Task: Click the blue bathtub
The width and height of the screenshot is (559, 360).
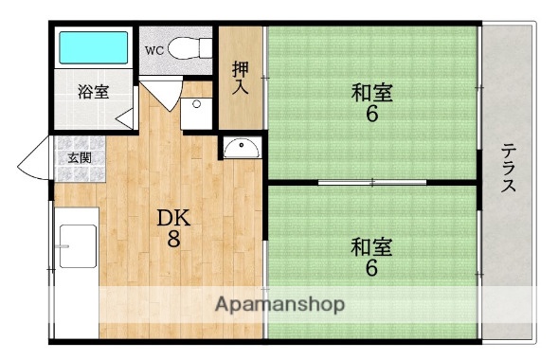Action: click(94, 47)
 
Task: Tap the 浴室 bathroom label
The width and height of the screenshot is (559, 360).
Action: click(93, 92)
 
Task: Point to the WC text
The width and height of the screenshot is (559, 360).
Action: click(155, 49)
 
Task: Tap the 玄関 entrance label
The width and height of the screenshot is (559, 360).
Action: click(79, 157)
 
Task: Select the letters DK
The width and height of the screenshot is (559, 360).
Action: click(173, 217)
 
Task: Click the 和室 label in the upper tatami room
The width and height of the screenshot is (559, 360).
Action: click(372, 94)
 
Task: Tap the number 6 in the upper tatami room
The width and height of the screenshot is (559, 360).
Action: click(372, 116)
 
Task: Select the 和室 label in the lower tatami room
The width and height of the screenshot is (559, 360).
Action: click(372, 247)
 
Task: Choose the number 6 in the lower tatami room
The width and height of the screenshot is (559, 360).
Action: click(372, 269)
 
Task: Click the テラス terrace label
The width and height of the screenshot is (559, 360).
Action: click(509, 169)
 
